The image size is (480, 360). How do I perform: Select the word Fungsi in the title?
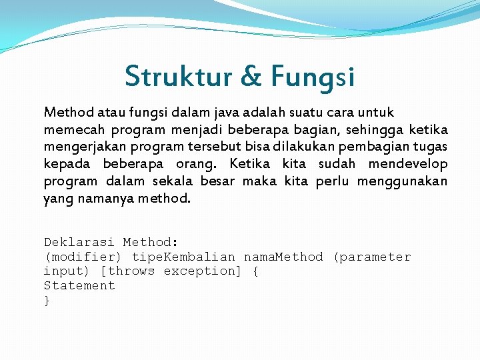(313, 77)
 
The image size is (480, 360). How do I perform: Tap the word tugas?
(431, 147)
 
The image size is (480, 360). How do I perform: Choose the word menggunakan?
(402, 181)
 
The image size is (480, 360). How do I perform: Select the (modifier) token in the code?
(83, 257)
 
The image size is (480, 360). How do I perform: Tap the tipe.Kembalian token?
(183, 257)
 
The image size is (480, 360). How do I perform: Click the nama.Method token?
(283, 257)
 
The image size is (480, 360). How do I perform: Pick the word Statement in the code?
(79, 285)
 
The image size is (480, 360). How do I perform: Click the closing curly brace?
(47, 300)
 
